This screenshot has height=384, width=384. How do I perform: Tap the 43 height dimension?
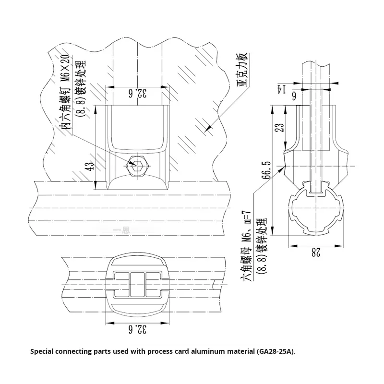[x=88, y=167]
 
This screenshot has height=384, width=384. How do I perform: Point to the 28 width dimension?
[x=314, y=252]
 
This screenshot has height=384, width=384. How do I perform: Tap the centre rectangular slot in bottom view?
[x=137, y=284]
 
